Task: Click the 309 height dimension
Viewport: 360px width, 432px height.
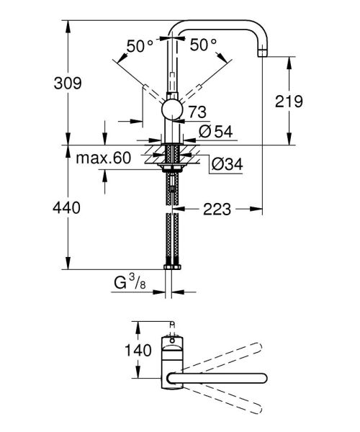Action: [x=36, y=83]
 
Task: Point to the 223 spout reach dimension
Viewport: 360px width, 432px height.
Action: [x=216, y=210]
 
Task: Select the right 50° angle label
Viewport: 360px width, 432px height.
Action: [x=204, y=45]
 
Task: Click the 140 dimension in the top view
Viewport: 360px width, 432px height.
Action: [x=138, y=351]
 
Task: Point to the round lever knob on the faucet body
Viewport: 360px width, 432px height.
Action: [x=171, y=109]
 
